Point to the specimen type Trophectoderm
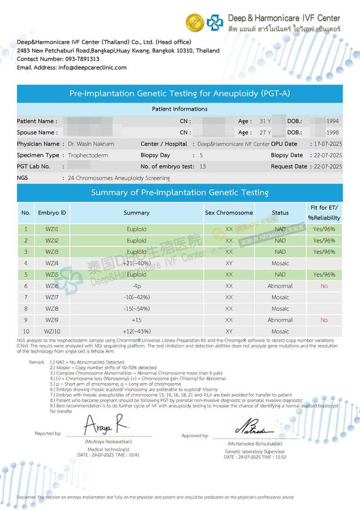click(x=88, y=155)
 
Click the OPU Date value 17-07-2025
click(x=326, y=144)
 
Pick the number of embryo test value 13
click(x=202, y=167)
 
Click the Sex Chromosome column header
click(x=228, y=213)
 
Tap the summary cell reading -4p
click(x=136, y=286)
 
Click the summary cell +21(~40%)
click(x=136, y=263)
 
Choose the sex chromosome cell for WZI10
click(x=228, y=332)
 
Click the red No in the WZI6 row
click(x=324, y=286)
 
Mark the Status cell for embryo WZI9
click(x=280, y=320)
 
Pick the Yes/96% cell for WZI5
click(x=324, y=275)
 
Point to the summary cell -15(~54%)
click(x=136, y=309)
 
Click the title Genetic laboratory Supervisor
click(x=255, y=452)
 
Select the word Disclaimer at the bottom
click(x=26, y=498)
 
